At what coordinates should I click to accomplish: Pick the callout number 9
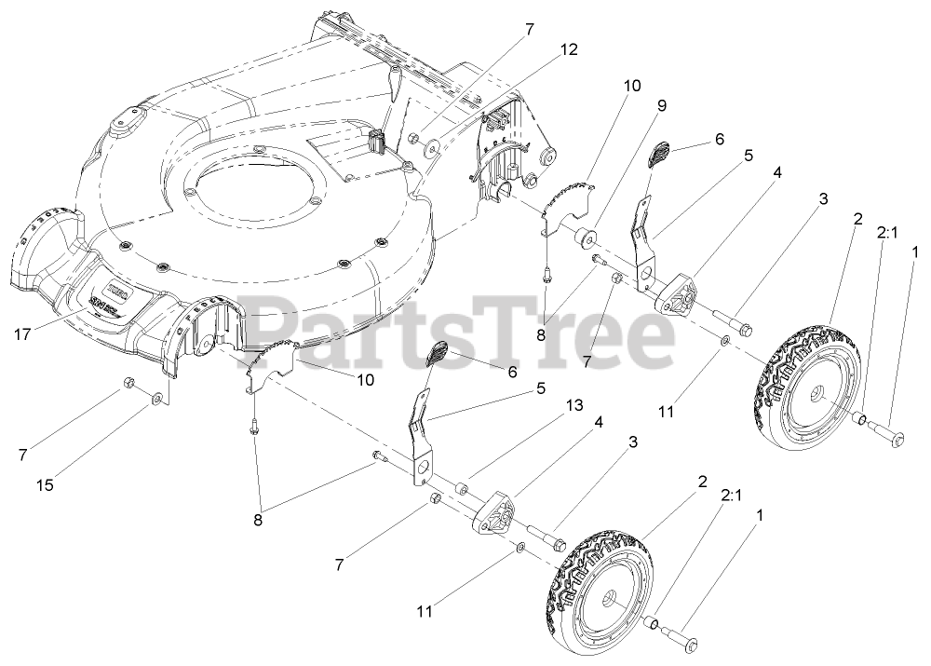tap(661, 105)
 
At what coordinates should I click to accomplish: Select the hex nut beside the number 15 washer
tap(130, 384)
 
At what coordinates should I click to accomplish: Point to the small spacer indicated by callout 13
tap(461, 487)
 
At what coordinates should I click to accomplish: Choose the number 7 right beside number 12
tap(530, 30)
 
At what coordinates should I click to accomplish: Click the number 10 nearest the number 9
tap(632, 85)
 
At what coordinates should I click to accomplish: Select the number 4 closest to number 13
tap(599, 421)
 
